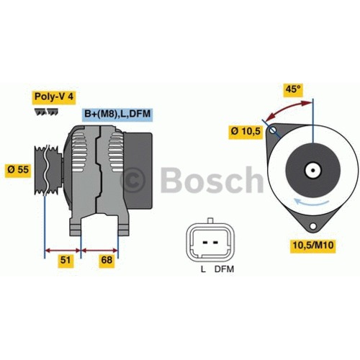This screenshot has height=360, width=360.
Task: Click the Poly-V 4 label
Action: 54,96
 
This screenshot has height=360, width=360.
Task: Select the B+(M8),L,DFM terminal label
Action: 117,114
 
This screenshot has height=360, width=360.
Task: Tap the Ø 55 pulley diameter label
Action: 18,170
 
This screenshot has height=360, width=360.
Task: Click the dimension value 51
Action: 66,260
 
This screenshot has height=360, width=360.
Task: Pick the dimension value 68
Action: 107,260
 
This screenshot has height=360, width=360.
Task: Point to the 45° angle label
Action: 293,89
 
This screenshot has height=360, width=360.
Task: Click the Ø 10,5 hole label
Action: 246,131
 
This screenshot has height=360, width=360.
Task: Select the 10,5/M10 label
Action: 313,245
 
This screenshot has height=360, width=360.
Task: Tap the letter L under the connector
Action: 203,269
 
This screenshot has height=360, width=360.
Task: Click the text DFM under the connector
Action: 224,269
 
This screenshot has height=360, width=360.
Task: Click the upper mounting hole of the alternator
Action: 273,130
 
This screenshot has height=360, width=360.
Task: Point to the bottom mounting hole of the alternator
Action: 312,226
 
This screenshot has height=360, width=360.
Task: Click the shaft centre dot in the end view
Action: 312,170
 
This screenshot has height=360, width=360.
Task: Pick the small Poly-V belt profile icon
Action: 46,112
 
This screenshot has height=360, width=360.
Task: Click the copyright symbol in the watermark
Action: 132,179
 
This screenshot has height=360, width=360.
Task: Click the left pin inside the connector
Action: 204,243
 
